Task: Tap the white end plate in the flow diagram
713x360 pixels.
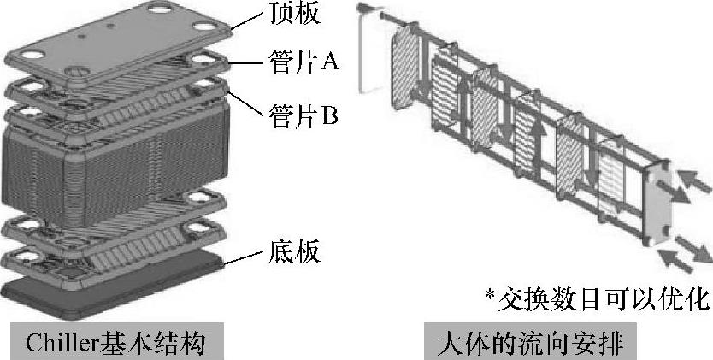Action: (x=369, y=51)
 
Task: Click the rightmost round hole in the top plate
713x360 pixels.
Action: (x=208, y=26)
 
